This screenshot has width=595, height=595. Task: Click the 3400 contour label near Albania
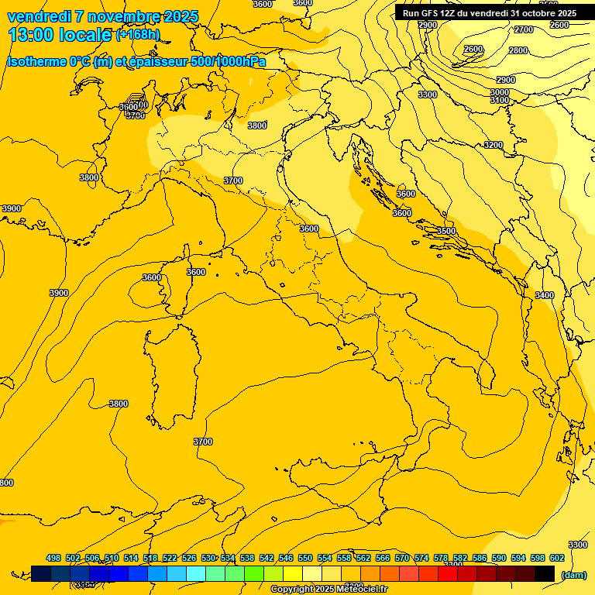[545, 295]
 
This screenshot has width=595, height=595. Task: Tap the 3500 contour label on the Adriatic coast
[446, 231]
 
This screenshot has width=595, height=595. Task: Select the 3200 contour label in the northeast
[494, 145]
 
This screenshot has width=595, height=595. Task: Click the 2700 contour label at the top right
[524, 29]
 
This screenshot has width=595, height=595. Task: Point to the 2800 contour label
[518, 50]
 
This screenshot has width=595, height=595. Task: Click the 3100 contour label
[500, 100]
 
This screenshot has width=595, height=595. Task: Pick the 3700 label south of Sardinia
[203, 442]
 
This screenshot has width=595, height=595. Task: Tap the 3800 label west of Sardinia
[119, 404]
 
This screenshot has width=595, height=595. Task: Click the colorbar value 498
[53, 558]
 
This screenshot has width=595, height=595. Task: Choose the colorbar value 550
[305, 558]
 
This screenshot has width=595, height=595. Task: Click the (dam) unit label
[573, 575]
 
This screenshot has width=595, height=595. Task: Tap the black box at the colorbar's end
[545, 573]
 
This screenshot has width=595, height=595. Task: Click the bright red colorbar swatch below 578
[448, 573]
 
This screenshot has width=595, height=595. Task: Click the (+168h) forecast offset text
[138, 34]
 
